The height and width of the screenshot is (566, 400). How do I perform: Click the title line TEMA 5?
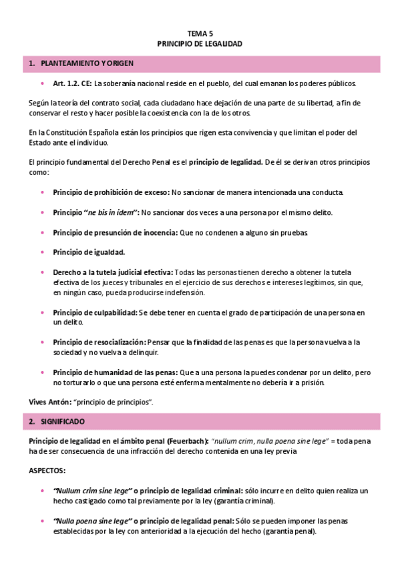tap(200, 32)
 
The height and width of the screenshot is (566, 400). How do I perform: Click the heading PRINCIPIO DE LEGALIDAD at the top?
tap(200, 43)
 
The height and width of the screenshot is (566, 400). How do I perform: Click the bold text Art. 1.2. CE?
tap(71, 84)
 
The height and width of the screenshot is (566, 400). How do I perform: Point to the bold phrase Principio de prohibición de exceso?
tap(111, 192)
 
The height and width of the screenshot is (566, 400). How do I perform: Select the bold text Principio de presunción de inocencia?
tap(115, 232)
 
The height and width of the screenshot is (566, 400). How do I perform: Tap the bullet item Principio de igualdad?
tap(89, 252)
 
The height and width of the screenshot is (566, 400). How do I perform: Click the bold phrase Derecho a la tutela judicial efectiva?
tap(113, 272)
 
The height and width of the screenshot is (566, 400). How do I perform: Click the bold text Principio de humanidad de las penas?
tap(115, 372)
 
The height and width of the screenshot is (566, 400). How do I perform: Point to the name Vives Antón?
tap(48, 402)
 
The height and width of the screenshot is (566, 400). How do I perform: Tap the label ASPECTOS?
tap(47, 471)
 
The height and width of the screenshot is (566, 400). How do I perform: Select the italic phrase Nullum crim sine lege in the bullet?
tap(83, 491)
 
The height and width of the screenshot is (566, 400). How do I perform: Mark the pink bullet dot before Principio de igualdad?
tap(43, 252)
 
